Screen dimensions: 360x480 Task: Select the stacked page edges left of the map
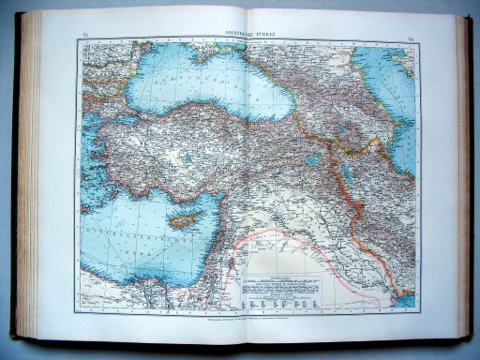click(x=42, y=178)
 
